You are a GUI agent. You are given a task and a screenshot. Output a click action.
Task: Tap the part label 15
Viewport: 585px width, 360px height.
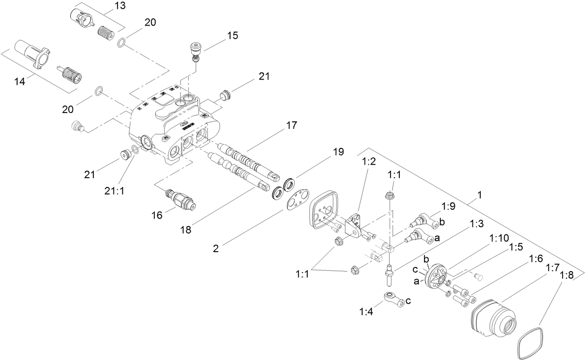coord(233,35)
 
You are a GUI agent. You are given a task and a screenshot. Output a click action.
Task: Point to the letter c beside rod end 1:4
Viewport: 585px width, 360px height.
coord(409,300)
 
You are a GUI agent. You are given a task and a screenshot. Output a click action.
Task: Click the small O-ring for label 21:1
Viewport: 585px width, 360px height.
coord(135,149)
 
